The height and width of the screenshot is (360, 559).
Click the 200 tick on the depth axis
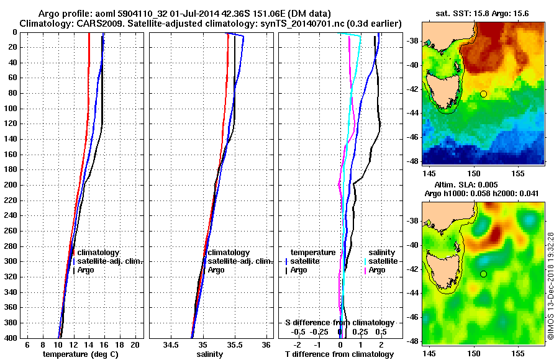12,185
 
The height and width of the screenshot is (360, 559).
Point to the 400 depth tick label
12,338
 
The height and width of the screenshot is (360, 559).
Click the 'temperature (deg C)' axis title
80,354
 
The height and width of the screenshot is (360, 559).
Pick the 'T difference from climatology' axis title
339,354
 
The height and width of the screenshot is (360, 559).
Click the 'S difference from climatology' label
339,323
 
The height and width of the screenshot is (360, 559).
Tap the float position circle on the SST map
483,94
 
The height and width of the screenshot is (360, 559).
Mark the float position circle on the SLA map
483,274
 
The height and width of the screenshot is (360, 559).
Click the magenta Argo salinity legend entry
376,270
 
